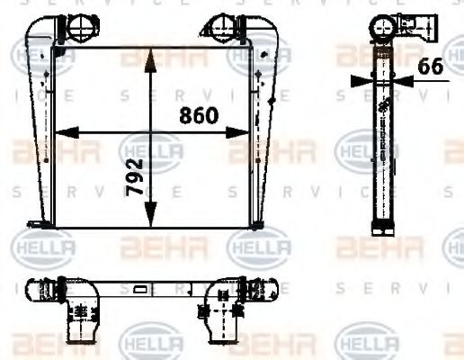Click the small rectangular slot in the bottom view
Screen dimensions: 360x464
click(x=140, y=290)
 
